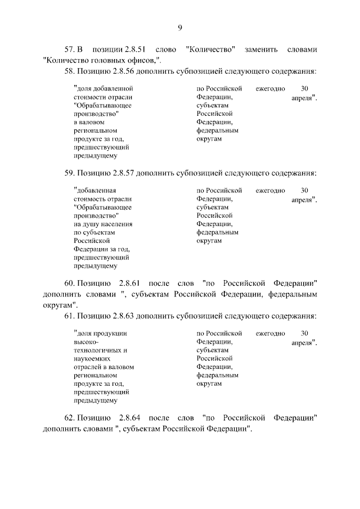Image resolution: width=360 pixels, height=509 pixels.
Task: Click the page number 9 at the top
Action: pos(180,28)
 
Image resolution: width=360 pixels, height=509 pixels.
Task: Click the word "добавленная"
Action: pos(96,190)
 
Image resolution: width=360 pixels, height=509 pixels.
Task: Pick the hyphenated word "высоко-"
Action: pos(85,341)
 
